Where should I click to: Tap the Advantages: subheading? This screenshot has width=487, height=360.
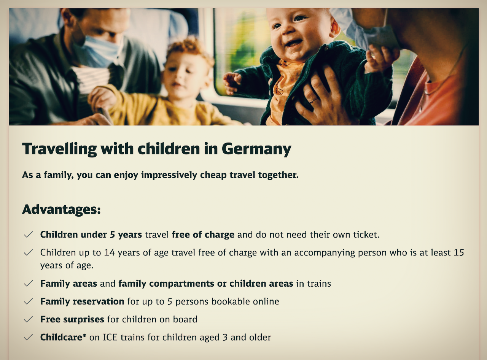click(62, 210)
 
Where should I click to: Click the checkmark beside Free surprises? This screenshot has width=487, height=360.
click(28, 319)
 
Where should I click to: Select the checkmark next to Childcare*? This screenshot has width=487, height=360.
click(28, 337)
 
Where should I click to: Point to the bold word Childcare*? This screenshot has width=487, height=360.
click(63, 337)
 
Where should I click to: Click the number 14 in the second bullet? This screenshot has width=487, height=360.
click(109, 252)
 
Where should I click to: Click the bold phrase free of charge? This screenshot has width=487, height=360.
click(203, 235)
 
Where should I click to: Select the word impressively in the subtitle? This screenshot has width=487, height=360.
click(169, 175)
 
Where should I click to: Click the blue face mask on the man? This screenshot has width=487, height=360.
click(99, 52)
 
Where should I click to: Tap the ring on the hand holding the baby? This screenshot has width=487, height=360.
click(314, 100)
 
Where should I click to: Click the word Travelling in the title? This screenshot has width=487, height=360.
click(59, 149)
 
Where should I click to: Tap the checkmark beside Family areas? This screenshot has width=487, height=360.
click(28, 284)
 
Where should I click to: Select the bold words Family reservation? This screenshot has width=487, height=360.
click(82, 301)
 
